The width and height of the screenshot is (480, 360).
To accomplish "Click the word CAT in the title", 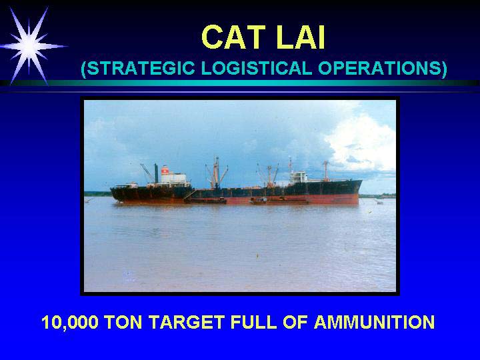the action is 233,37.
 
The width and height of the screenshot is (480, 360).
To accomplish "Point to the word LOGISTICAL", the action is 257,68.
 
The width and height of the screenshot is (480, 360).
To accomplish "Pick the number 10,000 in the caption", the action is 70,322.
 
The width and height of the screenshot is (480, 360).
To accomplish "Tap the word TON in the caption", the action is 123,322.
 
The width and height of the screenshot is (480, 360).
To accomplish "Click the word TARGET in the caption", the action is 187,322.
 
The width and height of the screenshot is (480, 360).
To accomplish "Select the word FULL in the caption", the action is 254,322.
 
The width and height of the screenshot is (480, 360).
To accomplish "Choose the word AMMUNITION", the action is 375,322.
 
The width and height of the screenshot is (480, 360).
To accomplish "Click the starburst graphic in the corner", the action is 30,46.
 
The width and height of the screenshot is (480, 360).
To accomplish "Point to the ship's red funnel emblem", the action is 165,170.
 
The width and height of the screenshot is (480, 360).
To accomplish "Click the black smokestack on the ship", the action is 156,173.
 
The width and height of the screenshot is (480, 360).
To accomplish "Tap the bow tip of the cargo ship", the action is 362,181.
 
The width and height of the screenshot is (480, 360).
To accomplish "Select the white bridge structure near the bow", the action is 299,177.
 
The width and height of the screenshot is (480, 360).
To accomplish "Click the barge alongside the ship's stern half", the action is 206,201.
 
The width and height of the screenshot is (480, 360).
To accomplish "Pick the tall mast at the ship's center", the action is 217,172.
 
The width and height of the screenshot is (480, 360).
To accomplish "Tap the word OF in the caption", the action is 295,322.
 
